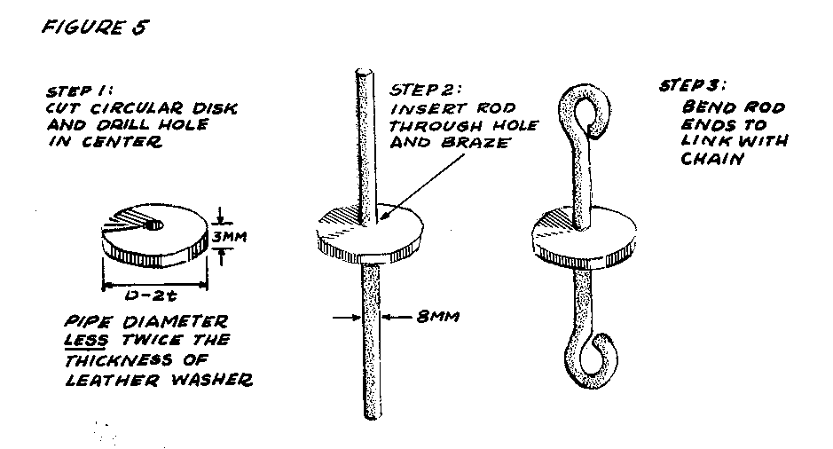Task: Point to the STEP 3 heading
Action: point(692,87)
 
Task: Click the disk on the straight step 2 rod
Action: point(365,232)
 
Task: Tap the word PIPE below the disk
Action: point(91,320)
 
